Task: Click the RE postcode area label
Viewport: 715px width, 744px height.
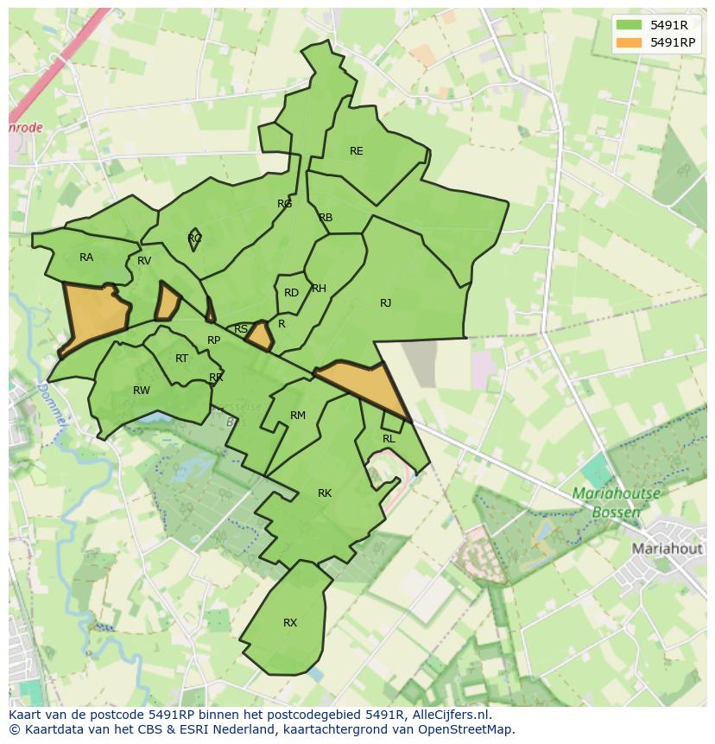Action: tap(356, 151)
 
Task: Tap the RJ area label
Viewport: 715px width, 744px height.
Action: tap(385, 303)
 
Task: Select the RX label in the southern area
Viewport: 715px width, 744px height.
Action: tap(290, 623)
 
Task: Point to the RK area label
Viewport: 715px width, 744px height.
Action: tap(325, 493)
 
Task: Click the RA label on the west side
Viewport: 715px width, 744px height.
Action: tap(86, 258)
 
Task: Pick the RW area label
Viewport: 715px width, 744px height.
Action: tap(142, 391)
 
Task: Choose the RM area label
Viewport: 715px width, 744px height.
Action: tap(298, 416)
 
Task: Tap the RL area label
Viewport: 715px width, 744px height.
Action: tap(389, 439)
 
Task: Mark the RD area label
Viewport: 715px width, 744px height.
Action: tap(291, 293)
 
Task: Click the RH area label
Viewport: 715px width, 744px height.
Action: tap(319, 289)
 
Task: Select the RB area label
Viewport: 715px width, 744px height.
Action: tap(326, 218)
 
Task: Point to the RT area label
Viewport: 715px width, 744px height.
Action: tap(181, 359)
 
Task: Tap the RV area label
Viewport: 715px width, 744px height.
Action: tap(144, 261)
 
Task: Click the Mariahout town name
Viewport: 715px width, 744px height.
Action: tap(668, 549)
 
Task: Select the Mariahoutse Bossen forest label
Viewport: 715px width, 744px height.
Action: tap(616, 503)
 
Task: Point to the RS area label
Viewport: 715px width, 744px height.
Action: tap(241, 329)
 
